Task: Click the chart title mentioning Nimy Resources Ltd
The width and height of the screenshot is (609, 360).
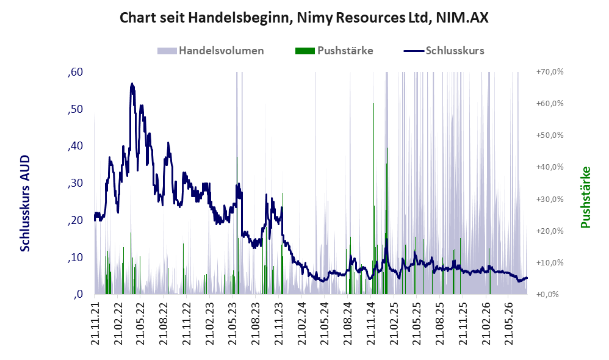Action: pyautogui.click(x=304, y=18)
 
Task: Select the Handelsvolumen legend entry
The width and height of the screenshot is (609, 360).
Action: pyautogui.click(x=211, y=51)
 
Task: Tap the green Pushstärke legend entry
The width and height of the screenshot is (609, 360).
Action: pyautogui.click(x=334, y=51)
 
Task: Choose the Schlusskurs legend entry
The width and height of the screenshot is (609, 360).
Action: pyautogui.click(x=444, y=51)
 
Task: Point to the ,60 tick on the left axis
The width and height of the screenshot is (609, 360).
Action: pyautogui.click(x=75, y=72)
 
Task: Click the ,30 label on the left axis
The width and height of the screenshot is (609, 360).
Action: pyautogui.click(x=75, y=183)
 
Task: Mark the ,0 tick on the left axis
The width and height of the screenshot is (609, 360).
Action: pyautogui.click(x=78, y=294)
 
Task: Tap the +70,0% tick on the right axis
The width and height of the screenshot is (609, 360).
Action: pyautogui.click(x=550, y=72)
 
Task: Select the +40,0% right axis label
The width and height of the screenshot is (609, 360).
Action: pyautogui.click(x=550, y=167)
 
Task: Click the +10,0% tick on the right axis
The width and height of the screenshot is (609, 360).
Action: pyautogui.click(x=550, y=262)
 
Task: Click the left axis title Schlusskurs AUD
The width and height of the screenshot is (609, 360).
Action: pyautogui.click(x=25, y=203)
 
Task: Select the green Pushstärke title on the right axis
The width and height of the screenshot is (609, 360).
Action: pyautogui.click(x=585, y=197)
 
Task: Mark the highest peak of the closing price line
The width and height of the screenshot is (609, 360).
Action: pyautogui.click(x=132, y=84)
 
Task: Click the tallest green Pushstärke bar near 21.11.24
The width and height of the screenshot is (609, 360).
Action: pyautogui.click(x=373, y=198)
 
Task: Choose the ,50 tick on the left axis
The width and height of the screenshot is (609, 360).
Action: pyautogui.click(x=75, y=109)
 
